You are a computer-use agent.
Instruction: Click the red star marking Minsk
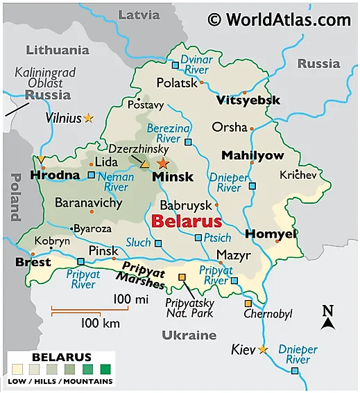point(162,164)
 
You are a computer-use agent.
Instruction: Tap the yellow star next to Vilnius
point(88,119)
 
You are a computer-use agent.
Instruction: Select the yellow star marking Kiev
point(262,349)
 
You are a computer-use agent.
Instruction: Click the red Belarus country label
point(186,222)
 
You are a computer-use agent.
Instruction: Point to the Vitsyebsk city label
point(248,101)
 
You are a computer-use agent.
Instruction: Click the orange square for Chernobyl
point(248,304)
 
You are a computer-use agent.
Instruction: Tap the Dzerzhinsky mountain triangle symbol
point(144,165)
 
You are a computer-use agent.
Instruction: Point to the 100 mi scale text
point(131,299)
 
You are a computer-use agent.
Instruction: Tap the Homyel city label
point(271,234)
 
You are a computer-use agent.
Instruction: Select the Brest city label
point(33,263)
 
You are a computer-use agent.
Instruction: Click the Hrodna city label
point(55,175)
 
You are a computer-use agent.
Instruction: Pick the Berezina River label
point(169,134)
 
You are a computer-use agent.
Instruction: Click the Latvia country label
point(139,15)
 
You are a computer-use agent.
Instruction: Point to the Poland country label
point(13,197)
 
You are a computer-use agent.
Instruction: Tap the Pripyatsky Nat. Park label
point(189,308)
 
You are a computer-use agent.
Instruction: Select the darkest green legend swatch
point(105,369)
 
